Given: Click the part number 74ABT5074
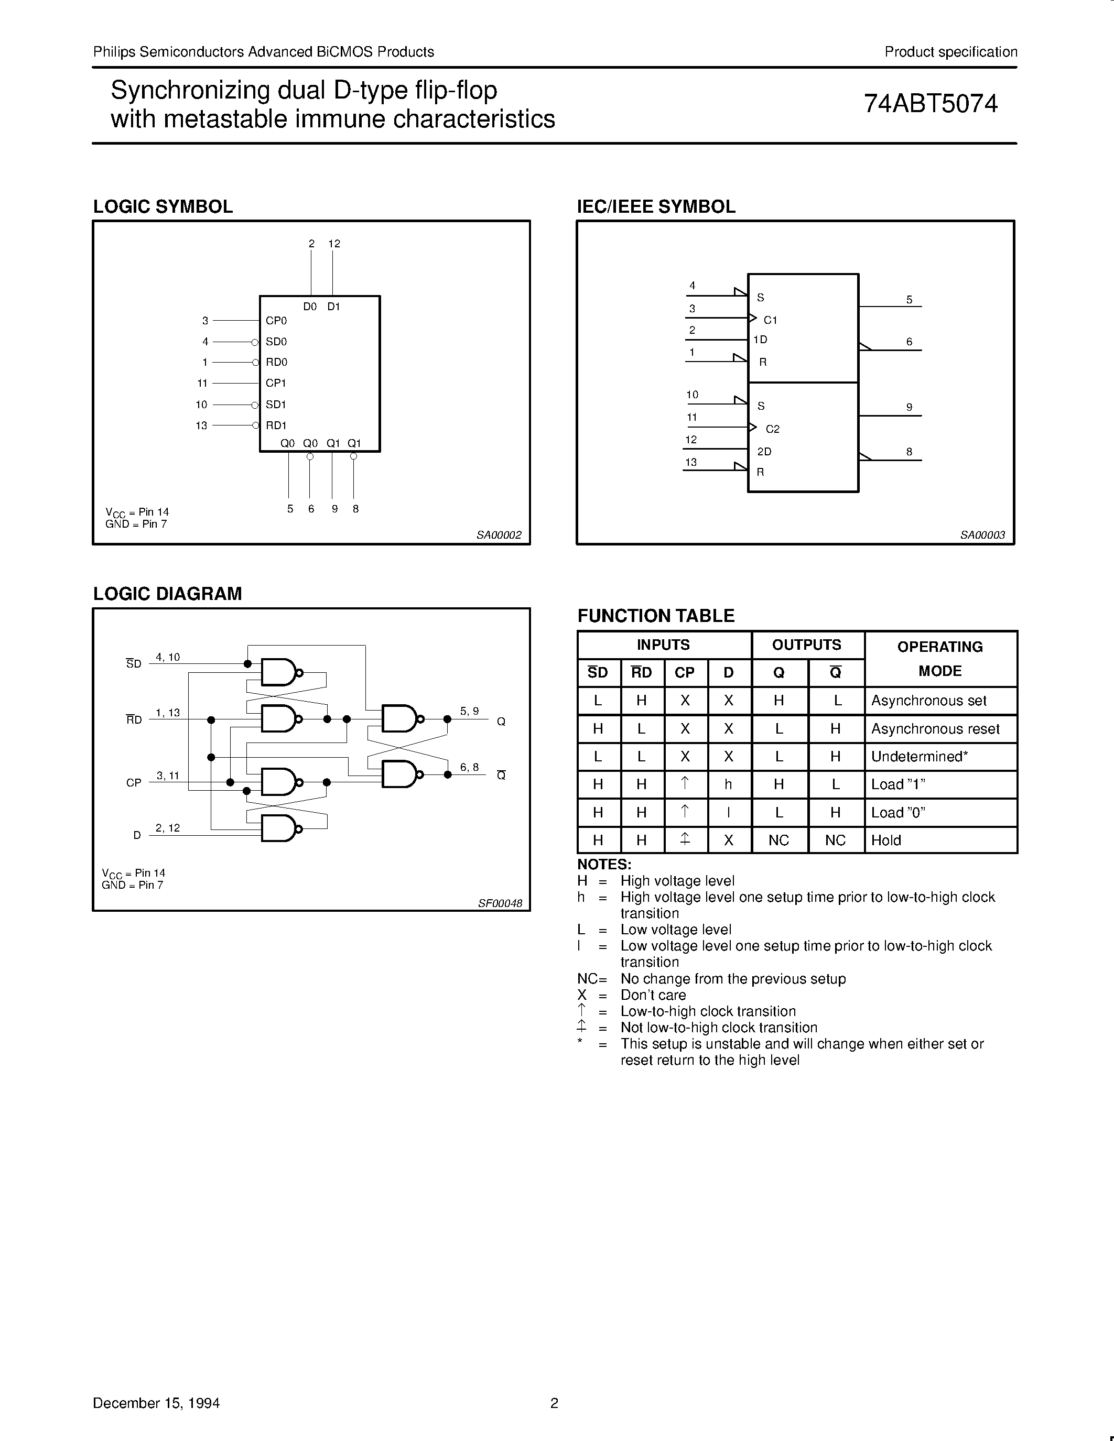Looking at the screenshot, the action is (931, 104).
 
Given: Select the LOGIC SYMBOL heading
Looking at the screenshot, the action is (163, 206).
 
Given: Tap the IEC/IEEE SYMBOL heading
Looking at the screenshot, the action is (656, 206).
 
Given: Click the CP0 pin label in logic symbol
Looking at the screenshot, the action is (276, 321).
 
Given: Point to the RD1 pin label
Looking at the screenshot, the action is (276, 425).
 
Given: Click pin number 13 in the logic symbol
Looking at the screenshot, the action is (201, 425).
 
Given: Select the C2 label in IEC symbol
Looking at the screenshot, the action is (772, 429).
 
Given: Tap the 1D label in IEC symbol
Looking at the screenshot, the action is (760, 340).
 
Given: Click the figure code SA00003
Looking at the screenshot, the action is (982, 535).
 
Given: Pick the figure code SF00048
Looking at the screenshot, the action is (500, 903).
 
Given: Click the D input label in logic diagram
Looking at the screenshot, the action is (137, 835).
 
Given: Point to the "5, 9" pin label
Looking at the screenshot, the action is (469, 711).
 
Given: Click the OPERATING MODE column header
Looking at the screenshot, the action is (940, 659).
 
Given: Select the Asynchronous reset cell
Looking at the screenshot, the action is (935, 729).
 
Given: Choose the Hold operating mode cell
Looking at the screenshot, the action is (885, 840).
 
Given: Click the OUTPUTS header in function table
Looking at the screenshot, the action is (806, 645).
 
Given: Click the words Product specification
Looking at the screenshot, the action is (950, 52).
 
